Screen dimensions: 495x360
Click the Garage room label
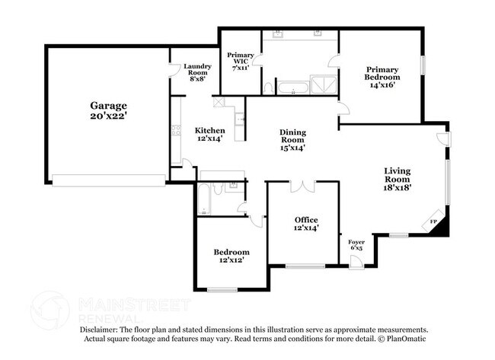pos(109,110)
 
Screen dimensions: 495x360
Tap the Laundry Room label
pos(198,72)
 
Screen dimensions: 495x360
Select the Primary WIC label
pos(241,61)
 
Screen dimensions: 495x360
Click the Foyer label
pos(356,245)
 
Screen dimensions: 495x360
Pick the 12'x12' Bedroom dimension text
pos(232,260)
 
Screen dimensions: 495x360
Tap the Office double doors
pos(303,186)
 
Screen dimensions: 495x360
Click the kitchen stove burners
pos(176,130)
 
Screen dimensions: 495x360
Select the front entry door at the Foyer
pos(356,263)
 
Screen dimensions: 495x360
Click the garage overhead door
pos(109,181)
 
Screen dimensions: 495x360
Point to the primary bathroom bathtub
pos(293,88)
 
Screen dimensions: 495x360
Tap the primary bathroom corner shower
pos(324,84)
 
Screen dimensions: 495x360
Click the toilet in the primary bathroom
pos(268,88)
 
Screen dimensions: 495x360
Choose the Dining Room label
pos(292,140)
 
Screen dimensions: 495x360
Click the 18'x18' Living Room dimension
pos(398,187)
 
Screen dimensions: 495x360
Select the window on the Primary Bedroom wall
pos(423,65)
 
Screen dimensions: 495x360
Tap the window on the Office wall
pos(305,266)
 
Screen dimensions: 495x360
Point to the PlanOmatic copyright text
pos(402,339)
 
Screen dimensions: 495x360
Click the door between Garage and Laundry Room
pos(171,70)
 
